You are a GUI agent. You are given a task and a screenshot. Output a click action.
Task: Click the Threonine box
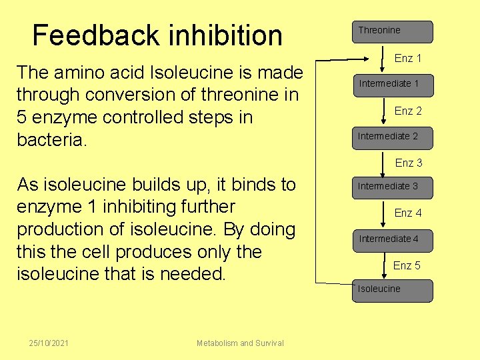click(392, 31)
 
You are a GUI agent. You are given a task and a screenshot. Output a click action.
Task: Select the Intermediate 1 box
click(392, 84)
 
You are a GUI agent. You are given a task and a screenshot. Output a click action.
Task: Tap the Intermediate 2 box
click(392, 137)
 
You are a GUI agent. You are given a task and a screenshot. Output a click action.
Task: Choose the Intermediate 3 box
click(392, 187)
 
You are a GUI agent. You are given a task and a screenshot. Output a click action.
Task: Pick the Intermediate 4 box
click(392, 239)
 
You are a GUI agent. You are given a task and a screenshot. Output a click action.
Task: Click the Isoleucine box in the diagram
click(392, 289)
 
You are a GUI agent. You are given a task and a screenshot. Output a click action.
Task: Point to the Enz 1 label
click(408, 58)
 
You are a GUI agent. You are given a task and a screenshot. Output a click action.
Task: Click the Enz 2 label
click(408, 111)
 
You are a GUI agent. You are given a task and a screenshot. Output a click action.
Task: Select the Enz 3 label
click(409, 163)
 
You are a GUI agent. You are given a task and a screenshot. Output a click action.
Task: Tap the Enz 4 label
click(408, 213)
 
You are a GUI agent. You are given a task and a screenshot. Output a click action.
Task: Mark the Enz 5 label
click(407, 265)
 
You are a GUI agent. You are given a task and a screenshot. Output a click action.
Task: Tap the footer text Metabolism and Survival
click(240, 343)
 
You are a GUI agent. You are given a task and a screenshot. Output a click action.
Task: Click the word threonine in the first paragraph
click(226, 94)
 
